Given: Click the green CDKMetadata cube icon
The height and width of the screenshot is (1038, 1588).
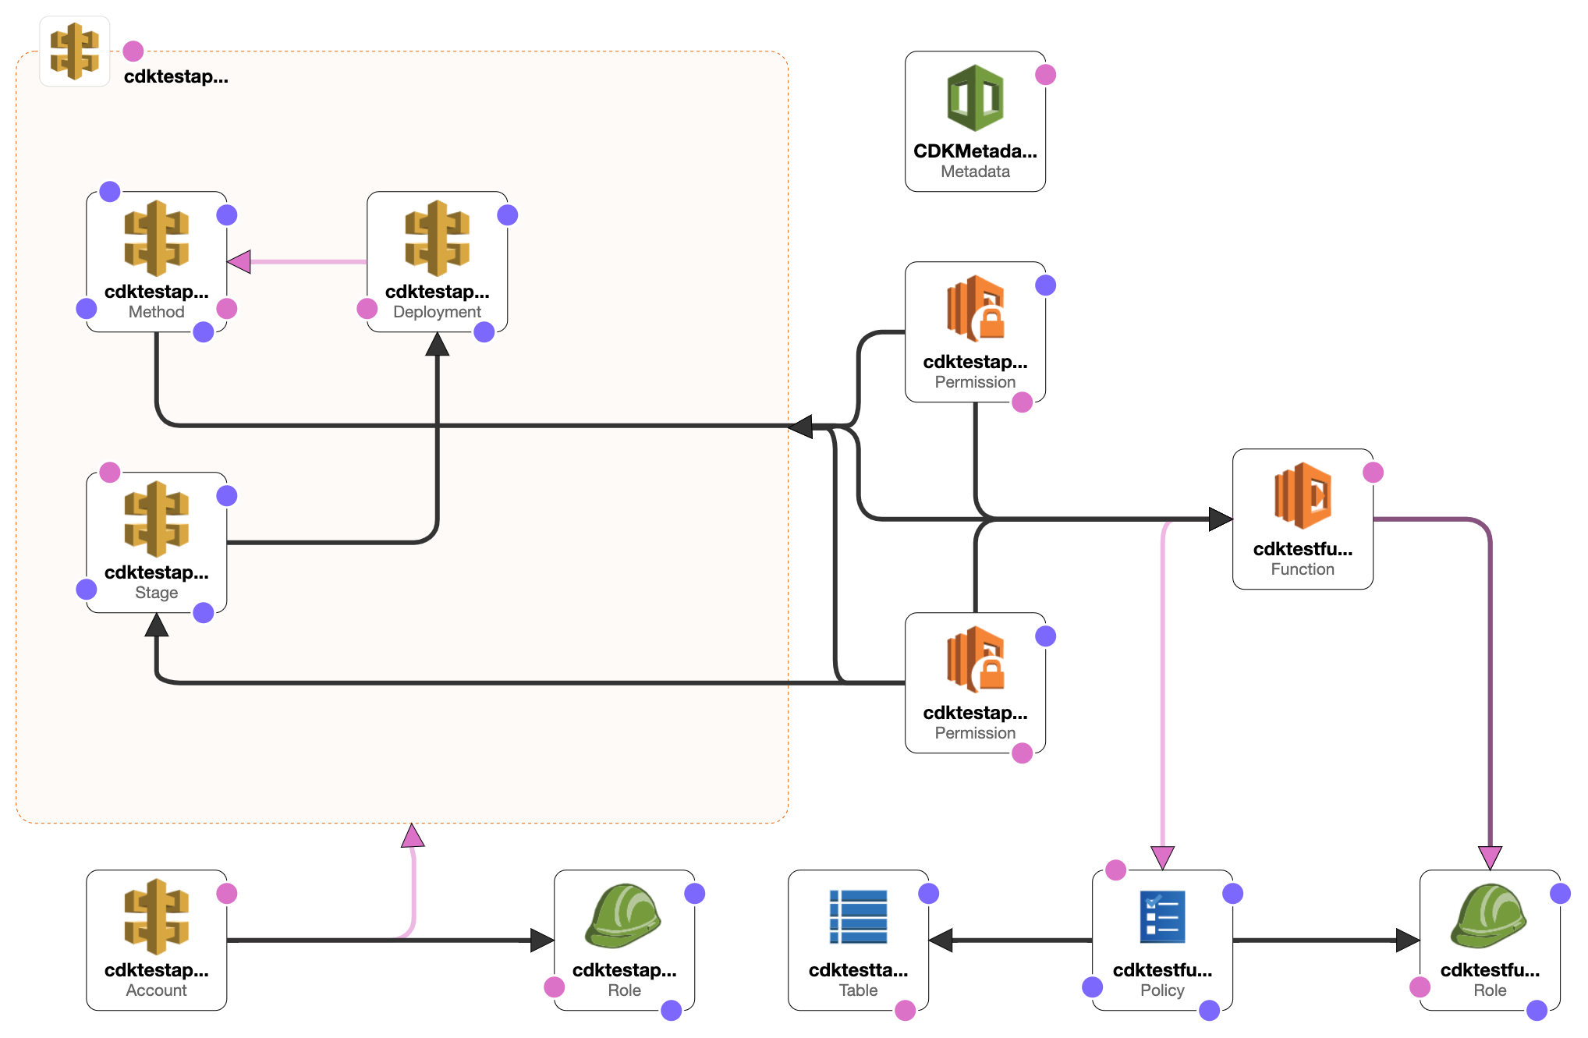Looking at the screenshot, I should pos(975,98).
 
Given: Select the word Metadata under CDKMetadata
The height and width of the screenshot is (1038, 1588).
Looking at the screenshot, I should pos(975,172).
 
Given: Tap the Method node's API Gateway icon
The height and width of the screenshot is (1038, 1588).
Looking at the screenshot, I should pos(156,238).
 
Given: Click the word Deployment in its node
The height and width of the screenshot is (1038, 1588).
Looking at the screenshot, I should pos(437,312).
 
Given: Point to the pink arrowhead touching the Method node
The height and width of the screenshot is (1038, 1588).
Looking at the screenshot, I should pos(239,262).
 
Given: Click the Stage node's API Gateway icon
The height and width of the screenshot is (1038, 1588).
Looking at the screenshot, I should pos(156,519).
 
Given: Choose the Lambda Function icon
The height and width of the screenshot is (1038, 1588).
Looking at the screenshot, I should pos(1303,495).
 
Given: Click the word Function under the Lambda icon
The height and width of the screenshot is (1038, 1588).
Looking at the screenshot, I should pos(1303,569).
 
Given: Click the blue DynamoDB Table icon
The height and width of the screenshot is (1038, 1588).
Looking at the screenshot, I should pos(858,916).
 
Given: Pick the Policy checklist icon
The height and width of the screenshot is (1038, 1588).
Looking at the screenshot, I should pos(1162,916).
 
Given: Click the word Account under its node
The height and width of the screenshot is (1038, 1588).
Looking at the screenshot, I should pos(156,990).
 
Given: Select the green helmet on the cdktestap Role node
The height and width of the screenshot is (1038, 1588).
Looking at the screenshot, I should pos(623,915).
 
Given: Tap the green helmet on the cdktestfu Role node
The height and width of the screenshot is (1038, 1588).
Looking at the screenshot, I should pos(1489,915).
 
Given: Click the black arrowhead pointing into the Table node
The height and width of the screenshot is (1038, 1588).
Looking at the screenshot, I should pos(941,940).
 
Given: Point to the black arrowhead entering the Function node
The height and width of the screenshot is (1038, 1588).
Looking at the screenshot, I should pos(1220,519).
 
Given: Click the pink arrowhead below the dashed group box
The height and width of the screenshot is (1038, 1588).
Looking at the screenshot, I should pos(413,836).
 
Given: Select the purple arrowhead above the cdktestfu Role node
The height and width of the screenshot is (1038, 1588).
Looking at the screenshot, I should pos(1490,858).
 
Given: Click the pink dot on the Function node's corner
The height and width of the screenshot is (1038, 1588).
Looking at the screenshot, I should pos(1373,473).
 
